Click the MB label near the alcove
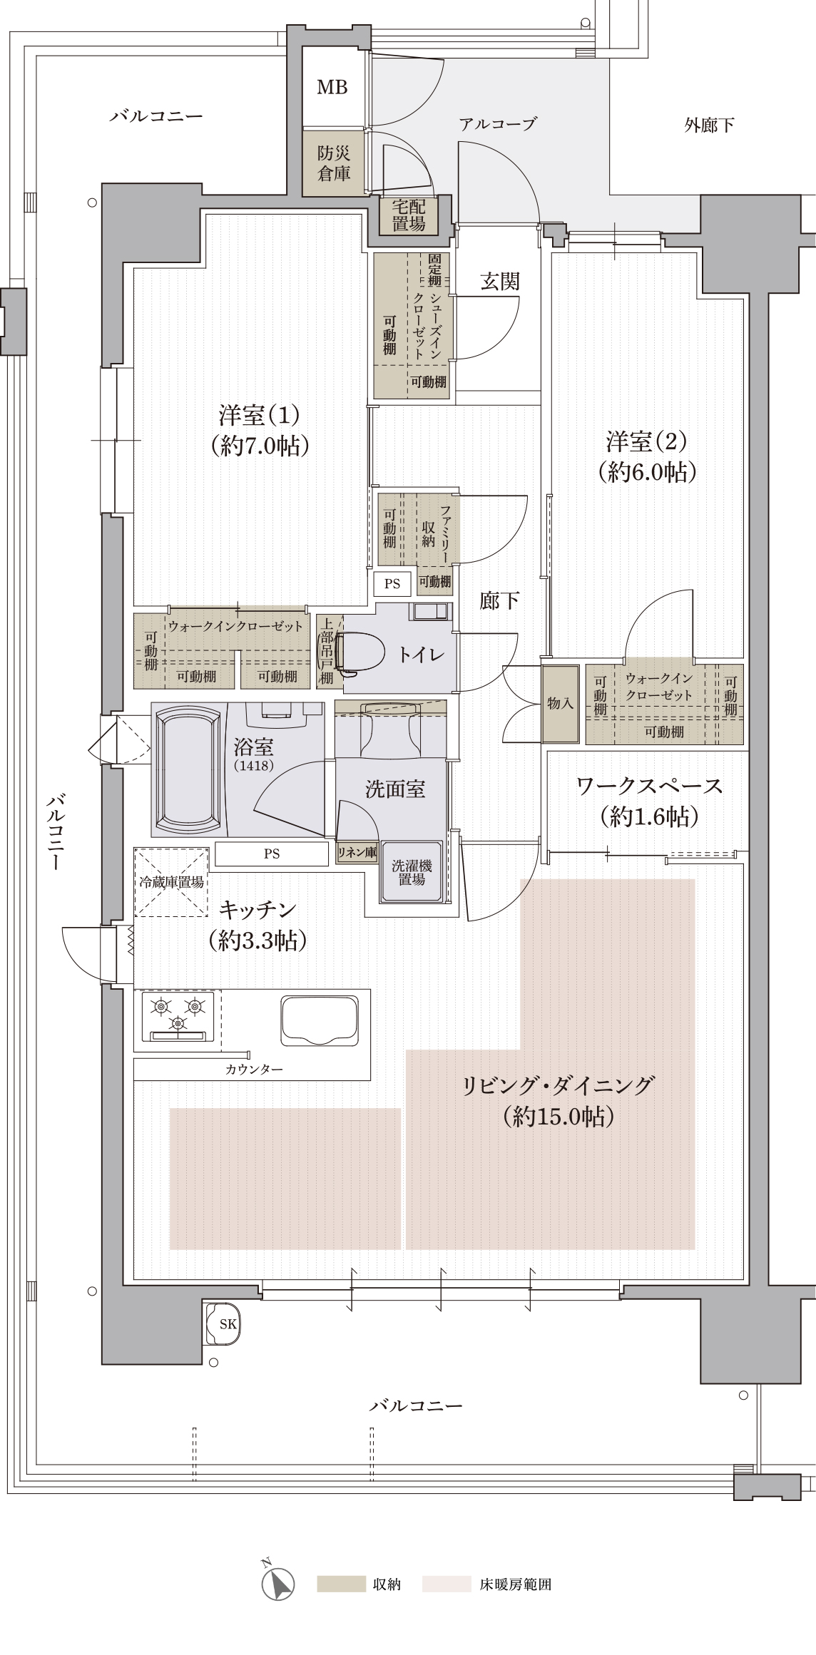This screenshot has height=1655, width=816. click(x=332, y=87)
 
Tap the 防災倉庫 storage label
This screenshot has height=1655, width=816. click(x=334, y=163)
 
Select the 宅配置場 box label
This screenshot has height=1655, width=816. click(x=409, y=215)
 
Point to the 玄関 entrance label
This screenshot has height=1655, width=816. click(x=499, y=282)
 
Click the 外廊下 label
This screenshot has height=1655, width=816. click(x=709, y=125)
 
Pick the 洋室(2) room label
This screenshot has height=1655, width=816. click(x=646, y=442)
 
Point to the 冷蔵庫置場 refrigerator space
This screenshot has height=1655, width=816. click(x=171, y=882)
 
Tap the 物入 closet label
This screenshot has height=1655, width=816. click(x=560, y=704)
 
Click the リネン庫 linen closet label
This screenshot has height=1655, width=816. click(x=357, y=853)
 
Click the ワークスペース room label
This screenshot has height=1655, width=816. click(x=649, y=786)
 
